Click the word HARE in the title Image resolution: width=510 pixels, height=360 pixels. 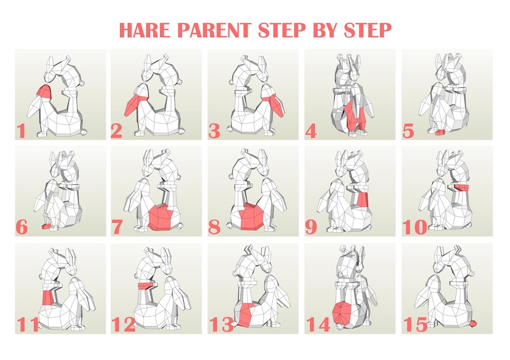click(x=145, y=30)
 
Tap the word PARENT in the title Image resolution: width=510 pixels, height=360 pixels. click(x=214, y=30)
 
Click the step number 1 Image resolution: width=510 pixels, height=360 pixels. click(x=21, y=131)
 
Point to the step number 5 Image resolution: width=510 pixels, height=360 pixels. click(x=409, y=131)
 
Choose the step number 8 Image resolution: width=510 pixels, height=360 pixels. click(x=215, y=227)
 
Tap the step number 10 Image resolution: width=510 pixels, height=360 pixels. click(x=415, y=227)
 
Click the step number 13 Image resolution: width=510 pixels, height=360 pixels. click(x=221, y=324)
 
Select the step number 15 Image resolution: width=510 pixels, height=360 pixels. click(x=416, y=324)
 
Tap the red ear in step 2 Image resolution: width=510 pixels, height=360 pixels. click(x=136, y=103)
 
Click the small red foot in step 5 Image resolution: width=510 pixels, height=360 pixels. click(x=441, y=132)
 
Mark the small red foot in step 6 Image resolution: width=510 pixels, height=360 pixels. click(x=46, y=226)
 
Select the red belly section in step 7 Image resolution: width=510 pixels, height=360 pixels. click(x=161, y=217)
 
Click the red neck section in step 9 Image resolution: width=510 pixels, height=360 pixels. click(x=362, y=200)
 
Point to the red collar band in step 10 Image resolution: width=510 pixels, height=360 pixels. click(x=461, y=187)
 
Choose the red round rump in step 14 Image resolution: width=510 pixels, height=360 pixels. click(x=342, y=313)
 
